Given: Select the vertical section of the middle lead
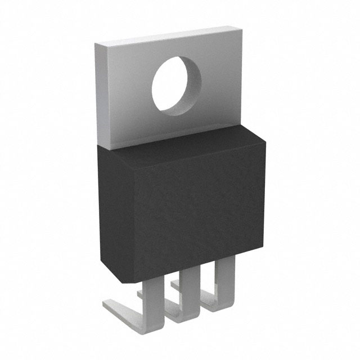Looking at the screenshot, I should (x=190, y=284).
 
